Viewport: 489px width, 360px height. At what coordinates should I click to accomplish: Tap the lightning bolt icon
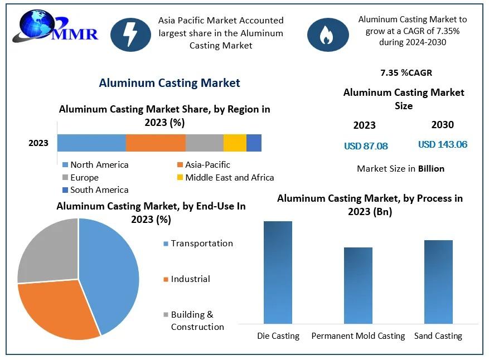tap(130, 34)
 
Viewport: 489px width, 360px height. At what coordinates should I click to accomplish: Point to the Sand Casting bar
tap(438, 281)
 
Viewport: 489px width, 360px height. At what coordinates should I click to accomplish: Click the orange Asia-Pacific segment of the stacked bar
tap(156, 143)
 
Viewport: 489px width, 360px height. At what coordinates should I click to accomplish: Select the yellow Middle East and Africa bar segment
tap(235, 143)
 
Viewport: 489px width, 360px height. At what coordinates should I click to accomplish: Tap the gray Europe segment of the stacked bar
tap(204, 143)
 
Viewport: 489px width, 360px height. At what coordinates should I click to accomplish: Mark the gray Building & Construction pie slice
tap(47, 251)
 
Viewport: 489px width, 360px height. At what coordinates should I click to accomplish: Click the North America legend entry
tap(95, 165)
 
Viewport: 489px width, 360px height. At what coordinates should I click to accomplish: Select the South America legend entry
tap(95, 190)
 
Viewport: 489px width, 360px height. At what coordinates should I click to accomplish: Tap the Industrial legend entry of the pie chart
tap(190, 279)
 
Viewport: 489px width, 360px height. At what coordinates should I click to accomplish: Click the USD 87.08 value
tap(366, 147)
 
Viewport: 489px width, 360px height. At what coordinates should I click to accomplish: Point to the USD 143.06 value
tap(443, 145)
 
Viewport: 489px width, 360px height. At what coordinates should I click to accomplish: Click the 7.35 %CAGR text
tap(406, 73)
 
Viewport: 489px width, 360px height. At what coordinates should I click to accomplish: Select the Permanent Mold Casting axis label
tap(358, 336)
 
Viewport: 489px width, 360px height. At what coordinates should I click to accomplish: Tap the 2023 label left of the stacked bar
tap(38, 143)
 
